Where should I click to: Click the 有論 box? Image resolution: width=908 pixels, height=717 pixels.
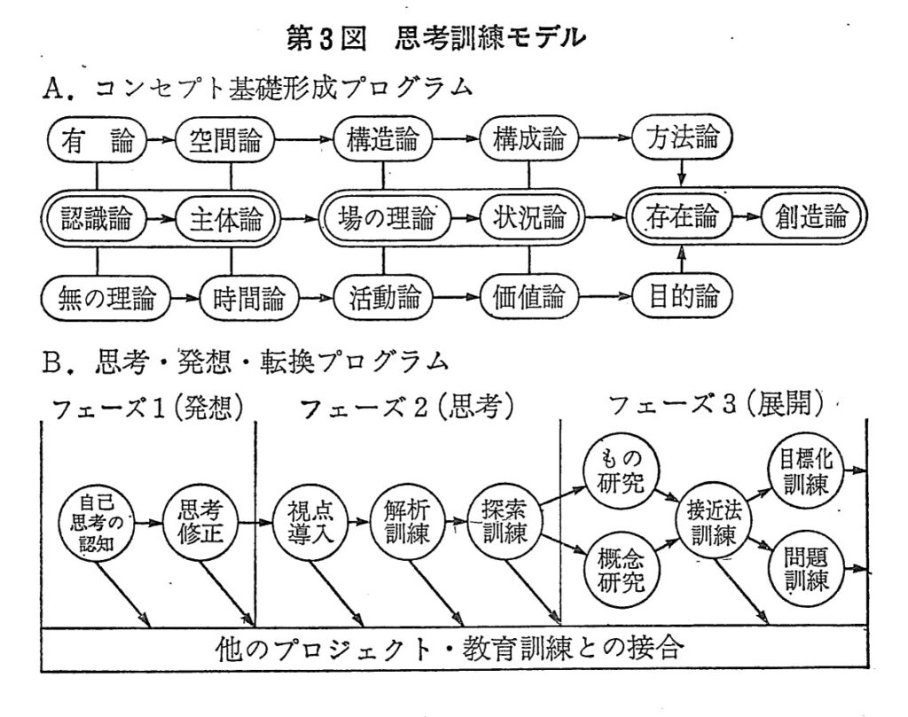point(97,140)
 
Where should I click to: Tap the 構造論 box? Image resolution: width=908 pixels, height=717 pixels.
point(382,140)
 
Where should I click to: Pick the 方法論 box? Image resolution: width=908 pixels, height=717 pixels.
point(682,140)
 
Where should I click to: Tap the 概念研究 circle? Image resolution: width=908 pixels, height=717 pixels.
point(621,569)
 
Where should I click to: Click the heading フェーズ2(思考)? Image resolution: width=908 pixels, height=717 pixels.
point(407,407)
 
